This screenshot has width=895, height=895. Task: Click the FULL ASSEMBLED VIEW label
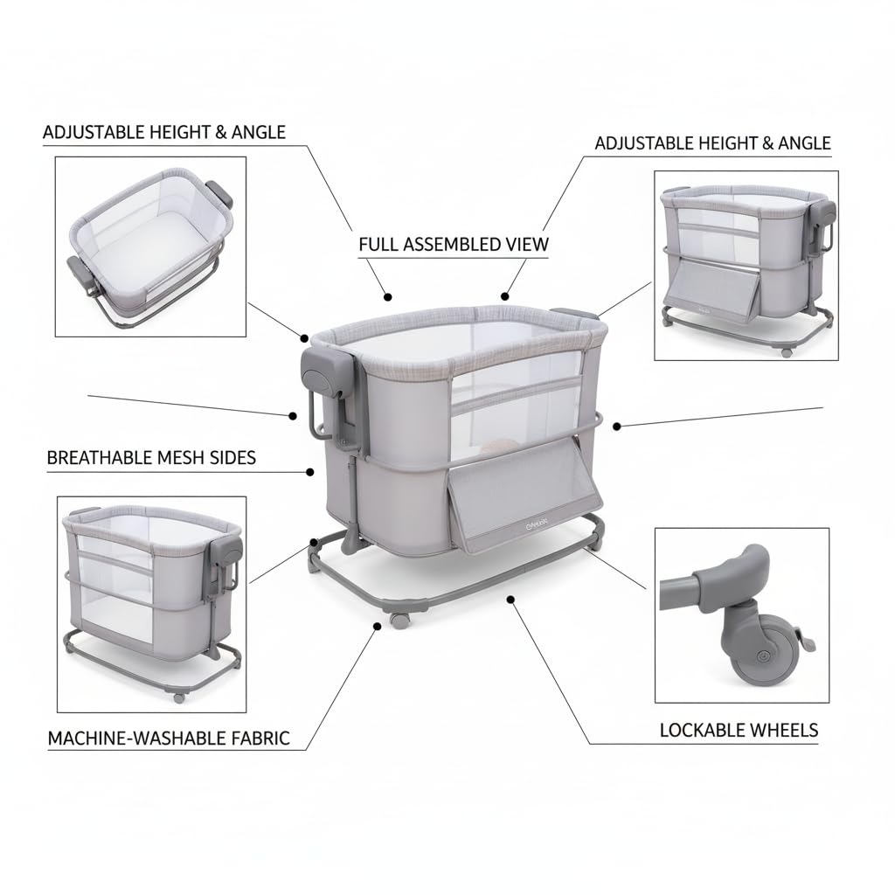click(x=454, y=244)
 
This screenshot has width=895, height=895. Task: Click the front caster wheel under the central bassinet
click(x=399, y=619)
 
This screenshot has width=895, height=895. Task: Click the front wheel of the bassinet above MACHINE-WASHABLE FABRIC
click(x=179, y=697)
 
